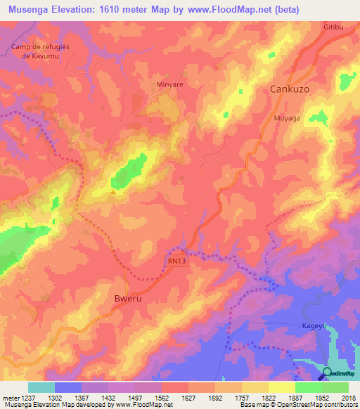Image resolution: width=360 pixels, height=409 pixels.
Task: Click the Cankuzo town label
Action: [290, 90]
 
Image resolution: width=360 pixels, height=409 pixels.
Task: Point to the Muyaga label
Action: [287, 118]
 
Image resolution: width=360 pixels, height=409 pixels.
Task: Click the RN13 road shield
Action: [177, 260]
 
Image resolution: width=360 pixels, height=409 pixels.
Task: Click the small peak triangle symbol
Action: [113, 190]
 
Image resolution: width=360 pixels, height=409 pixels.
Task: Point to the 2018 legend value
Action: [347, 397]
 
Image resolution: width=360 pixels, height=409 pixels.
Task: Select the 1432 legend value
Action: [107, 397]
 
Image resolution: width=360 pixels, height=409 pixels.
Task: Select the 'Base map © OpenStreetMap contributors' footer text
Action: [297, 405]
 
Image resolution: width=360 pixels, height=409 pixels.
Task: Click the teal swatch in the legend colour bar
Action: [41, 387]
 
